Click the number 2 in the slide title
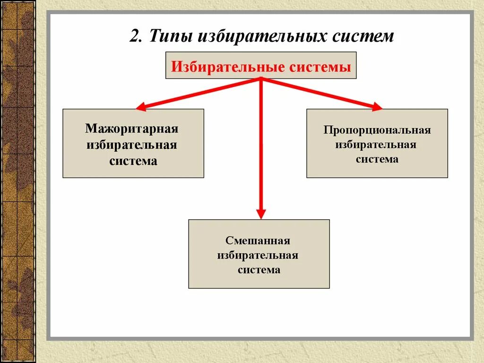click(135, 36)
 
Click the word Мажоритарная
click(132, 129)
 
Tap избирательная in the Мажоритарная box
click(132, 145)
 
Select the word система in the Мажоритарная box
click(133, 161)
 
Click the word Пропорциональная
click(377, 130)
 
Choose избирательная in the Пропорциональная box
click(376, 145)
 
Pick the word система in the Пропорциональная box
click(377, 159)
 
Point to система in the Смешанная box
click(259, 270)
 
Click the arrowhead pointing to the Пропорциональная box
click(376, 107)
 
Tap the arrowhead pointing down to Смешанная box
click(261, 214)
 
